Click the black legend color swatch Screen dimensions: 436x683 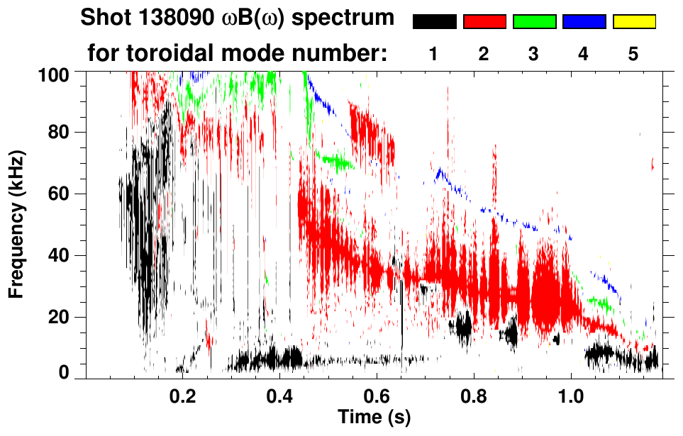point(435,22)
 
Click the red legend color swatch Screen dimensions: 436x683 point(484,22)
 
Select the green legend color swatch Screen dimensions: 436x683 point(534,22)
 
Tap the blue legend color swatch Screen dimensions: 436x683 point(584,22)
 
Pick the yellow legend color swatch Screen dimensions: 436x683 point(633,22)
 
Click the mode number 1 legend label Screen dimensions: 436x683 point(433,55)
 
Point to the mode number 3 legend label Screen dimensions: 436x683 point(533,55)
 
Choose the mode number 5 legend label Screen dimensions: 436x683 point(633,55)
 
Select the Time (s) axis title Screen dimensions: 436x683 point(374,416)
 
